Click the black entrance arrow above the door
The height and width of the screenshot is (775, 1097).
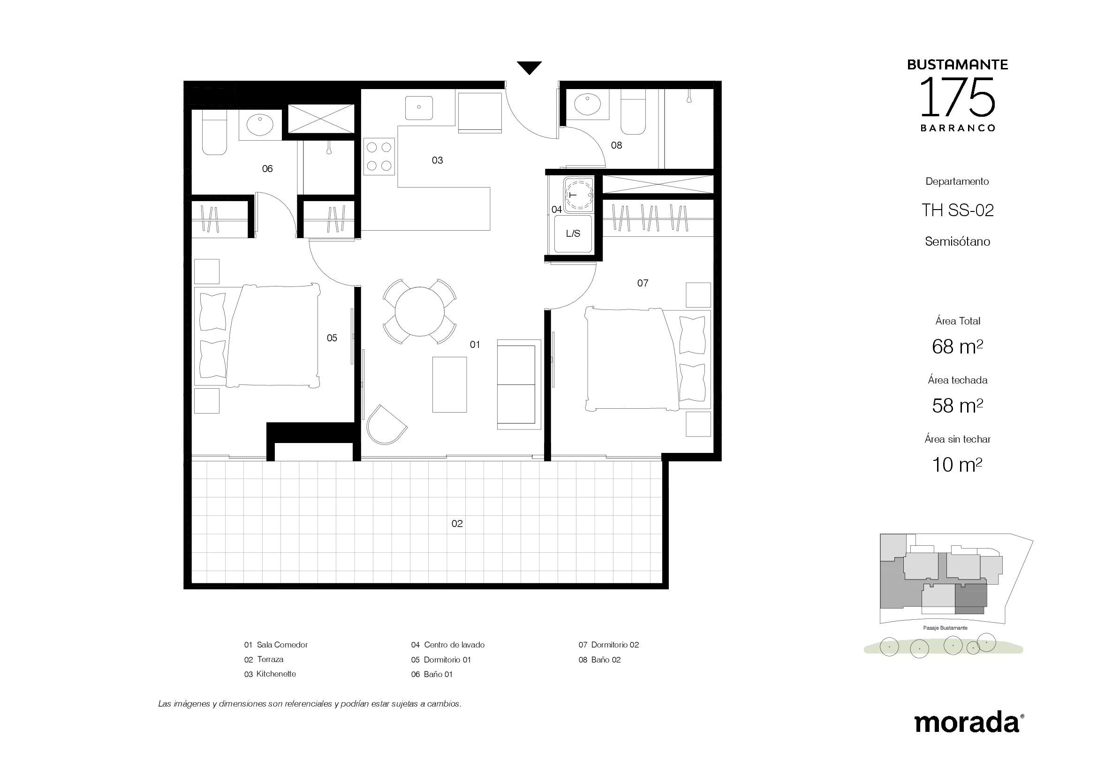click(529, 68)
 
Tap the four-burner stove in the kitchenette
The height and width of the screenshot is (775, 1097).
click(379, 156)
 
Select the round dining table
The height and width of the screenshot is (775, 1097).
click(419, 311)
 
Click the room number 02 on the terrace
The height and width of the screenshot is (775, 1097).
click(457, 524)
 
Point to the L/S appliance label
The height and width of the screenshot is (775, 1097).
click(573, 233)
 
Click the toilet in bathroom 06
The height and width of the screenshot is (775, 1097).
click(214, 132)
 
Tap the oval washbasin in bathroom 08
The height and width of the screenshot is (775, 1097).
click(587, 105)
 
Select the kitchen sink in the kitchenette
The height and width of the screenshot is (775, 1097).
click(419, 108)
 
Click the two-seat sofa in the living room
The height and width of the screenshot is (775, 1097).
click(519, 384)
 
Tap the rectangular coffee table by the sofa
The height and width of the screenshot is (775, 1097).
click(450, 384)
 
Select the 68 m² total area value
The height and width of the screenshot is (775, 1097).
click(958, 346)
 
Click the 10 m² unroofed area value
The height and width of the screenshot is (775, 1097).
click(958, 465)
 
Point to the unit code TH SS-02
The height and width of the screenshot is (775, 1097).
click(958, 210)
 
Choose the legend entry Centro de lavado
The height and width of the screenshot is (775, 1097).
click(448, 645)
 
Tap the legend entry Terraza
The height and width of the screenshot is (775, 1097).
click(264, 660)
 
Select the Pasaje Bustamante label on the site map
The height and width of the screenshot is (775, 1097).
click(945, 628)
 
